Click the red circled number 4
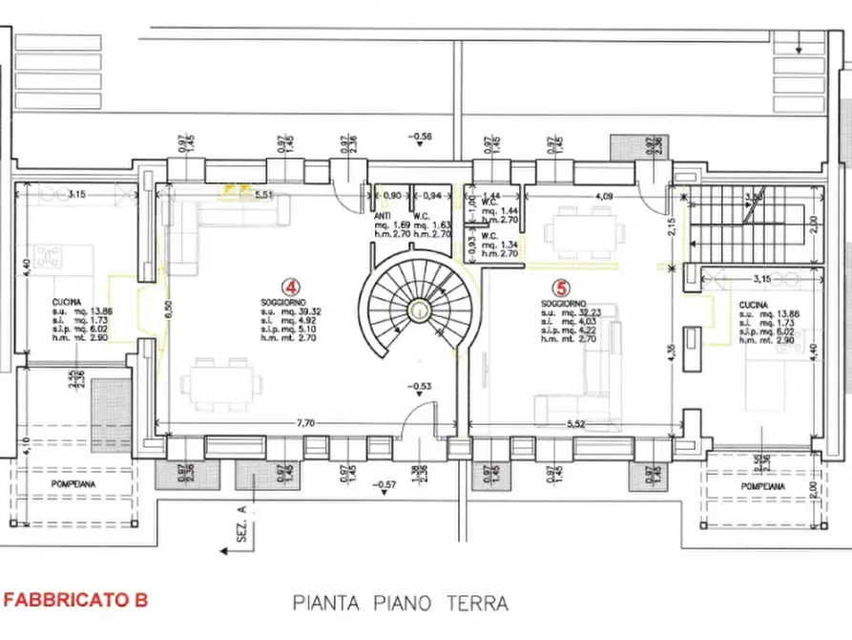pos(287,286)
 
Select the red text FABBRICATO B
pos(76,600)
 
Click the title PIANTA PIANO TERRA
pos(400,603)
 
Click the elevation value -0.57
pos(386,485)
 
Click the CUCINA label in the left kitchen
pos(68,302)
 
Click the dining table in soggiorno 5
pos(581,233)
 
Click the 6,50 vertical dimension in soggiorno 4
pos(168,308)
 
